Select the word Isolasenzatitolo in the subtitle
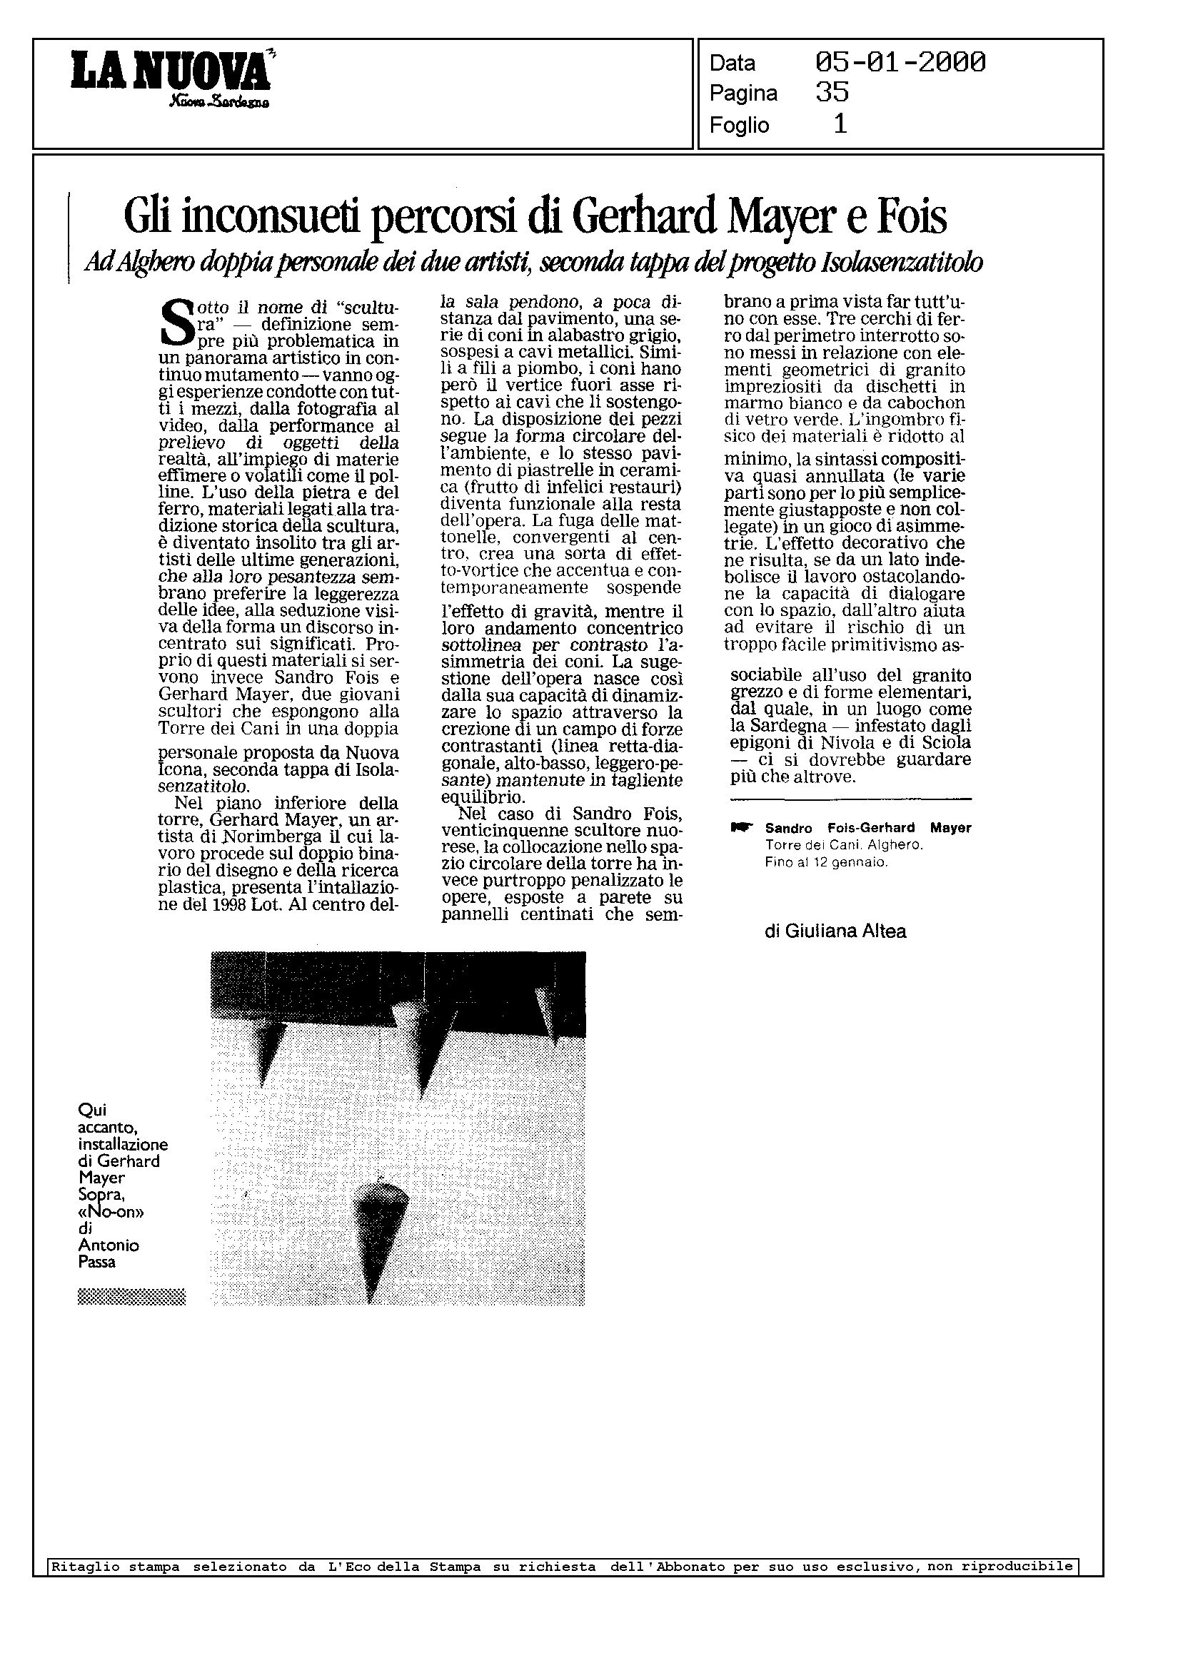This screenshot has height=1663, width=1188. pyautogui.click(x=902, y=263)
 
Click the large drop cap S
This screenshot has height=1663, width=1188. pyautogui.click(x=174, y=323)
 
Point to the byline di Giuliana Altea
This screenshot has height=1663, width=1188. pyautogui.click(x=835, y=931)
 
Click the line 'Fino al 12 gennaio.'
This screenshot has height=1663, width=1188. pyautogui.click(x=826, y=863)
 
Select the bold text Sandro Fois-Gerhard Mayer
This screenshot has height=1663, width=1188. pyautogui.click(x=867, y=828)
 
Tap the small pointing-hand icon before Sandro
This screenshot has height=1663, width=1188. pyautogui.click(x=741, y=828)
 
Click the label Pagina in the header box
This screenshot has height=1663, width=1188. pyautogui.click(x=742, y=93)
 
